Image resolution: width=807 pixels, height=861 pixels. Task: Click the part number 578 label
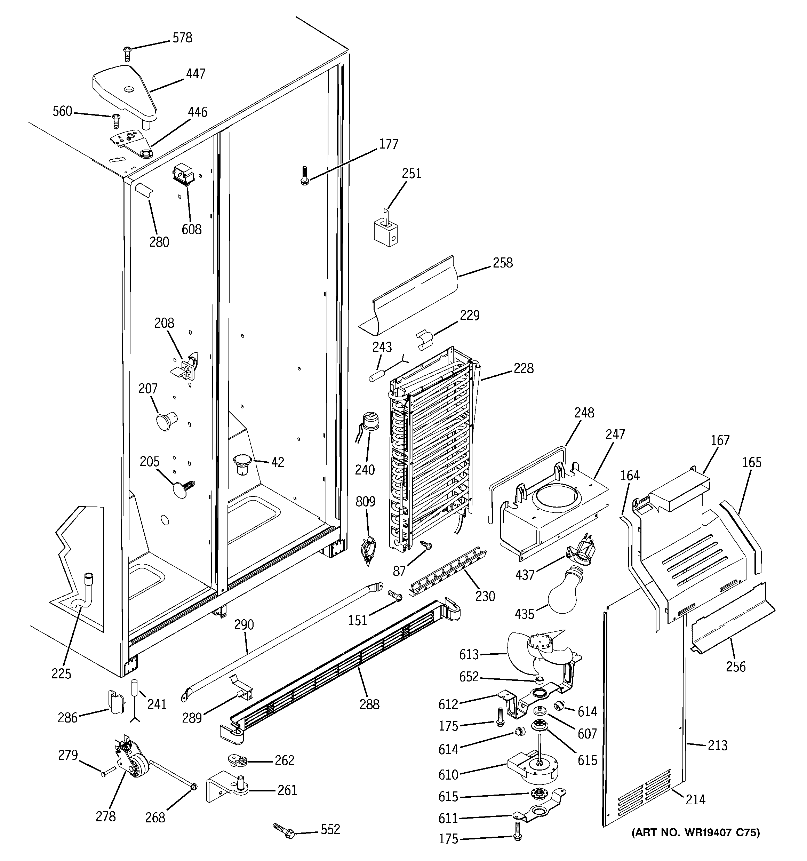coord(182,38)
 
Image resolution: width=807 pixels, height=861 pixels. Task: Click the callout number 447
coord(195,74)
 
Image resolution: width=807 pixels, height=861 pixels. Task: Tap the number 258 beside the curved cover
coord(503,263)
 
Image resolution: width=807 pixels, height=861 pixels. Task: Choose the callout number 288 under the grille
coord(369,705)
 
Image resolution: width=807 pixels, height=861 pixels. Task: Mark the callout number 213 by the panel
coord(717,746)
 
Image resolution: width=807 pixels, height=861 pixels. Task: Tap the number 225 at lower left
coord(61,673)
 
